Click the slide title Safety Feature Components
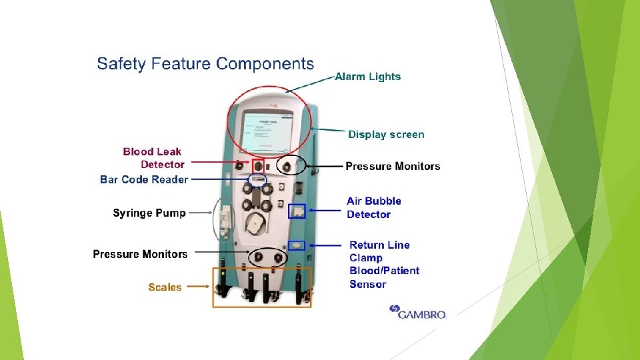point(205,64)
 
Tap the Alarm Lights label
point(368,77)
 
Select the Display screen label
point(386,135)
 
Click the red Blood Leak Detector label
point(153,158)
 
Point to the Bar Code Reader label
point(144,179)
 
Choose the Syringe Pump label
point(149,213)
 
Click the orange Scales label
point(165,287)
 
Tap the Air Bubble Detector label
point(373,207)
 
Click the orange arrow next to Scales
point(197,287)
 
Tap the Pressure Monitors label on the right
point(393,166)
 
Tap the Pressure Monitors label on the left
point(140,254)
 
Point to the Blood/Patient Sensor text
point(385,277)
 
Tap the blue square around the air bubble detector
point(297,211)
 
